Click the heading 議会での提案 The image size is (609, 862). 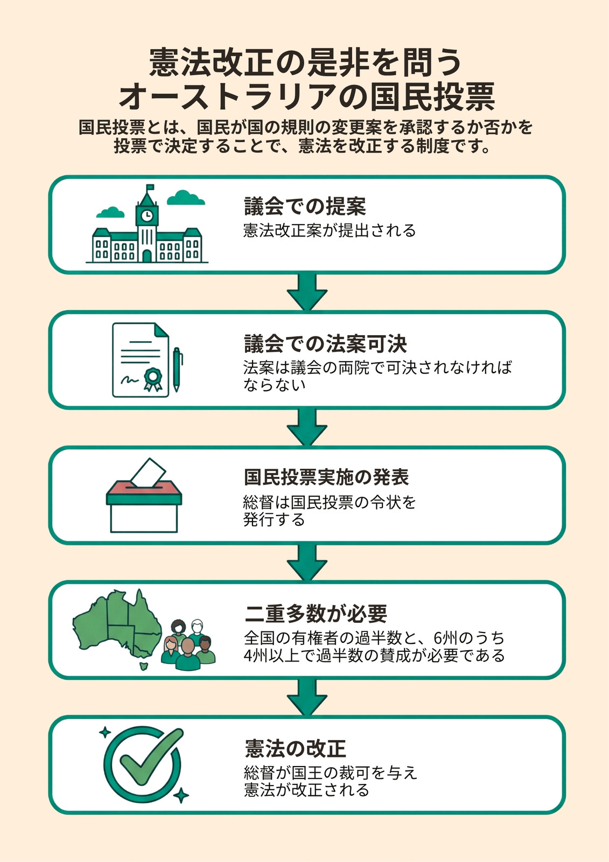pyautogui.click(x=305, y=207)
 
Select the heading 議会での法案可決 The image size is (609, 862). pyautogui.click(x=325, y=343)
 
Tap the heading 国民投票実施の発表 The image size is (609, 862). pyautogui.click(x=326, y=477)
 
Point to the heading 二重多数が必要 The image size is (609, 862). pyautogui.click(x=316, y=614)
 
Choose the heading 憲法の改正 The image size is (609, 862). pyautogui.click(x=295, y=748)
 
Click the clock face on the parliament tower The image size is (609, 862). pyautogui.click(x=147, y=216)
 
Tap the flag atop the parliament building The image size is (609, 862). pyautogui.click(x=150, y=187)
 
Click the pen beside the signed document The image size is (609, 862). pyautogui.click(x=177, y=370)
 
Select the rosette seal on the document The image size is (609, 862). pyautogui.click(x=153, y=379)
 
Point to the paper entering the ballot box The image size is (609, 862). pyautogui.click(x=148, y=472)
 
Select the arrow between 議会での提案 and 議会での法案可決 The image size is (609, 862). pyautogui.click(x=307, y=291)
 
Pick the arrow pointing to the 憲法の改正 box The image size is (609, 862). pyautogui.click(x=307, y=697)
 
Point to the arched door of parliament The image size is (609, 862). pyautogui.click(x=147, y=256)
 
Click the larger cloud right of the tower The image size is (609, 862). pyautogui.click(x=185, y=198)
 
